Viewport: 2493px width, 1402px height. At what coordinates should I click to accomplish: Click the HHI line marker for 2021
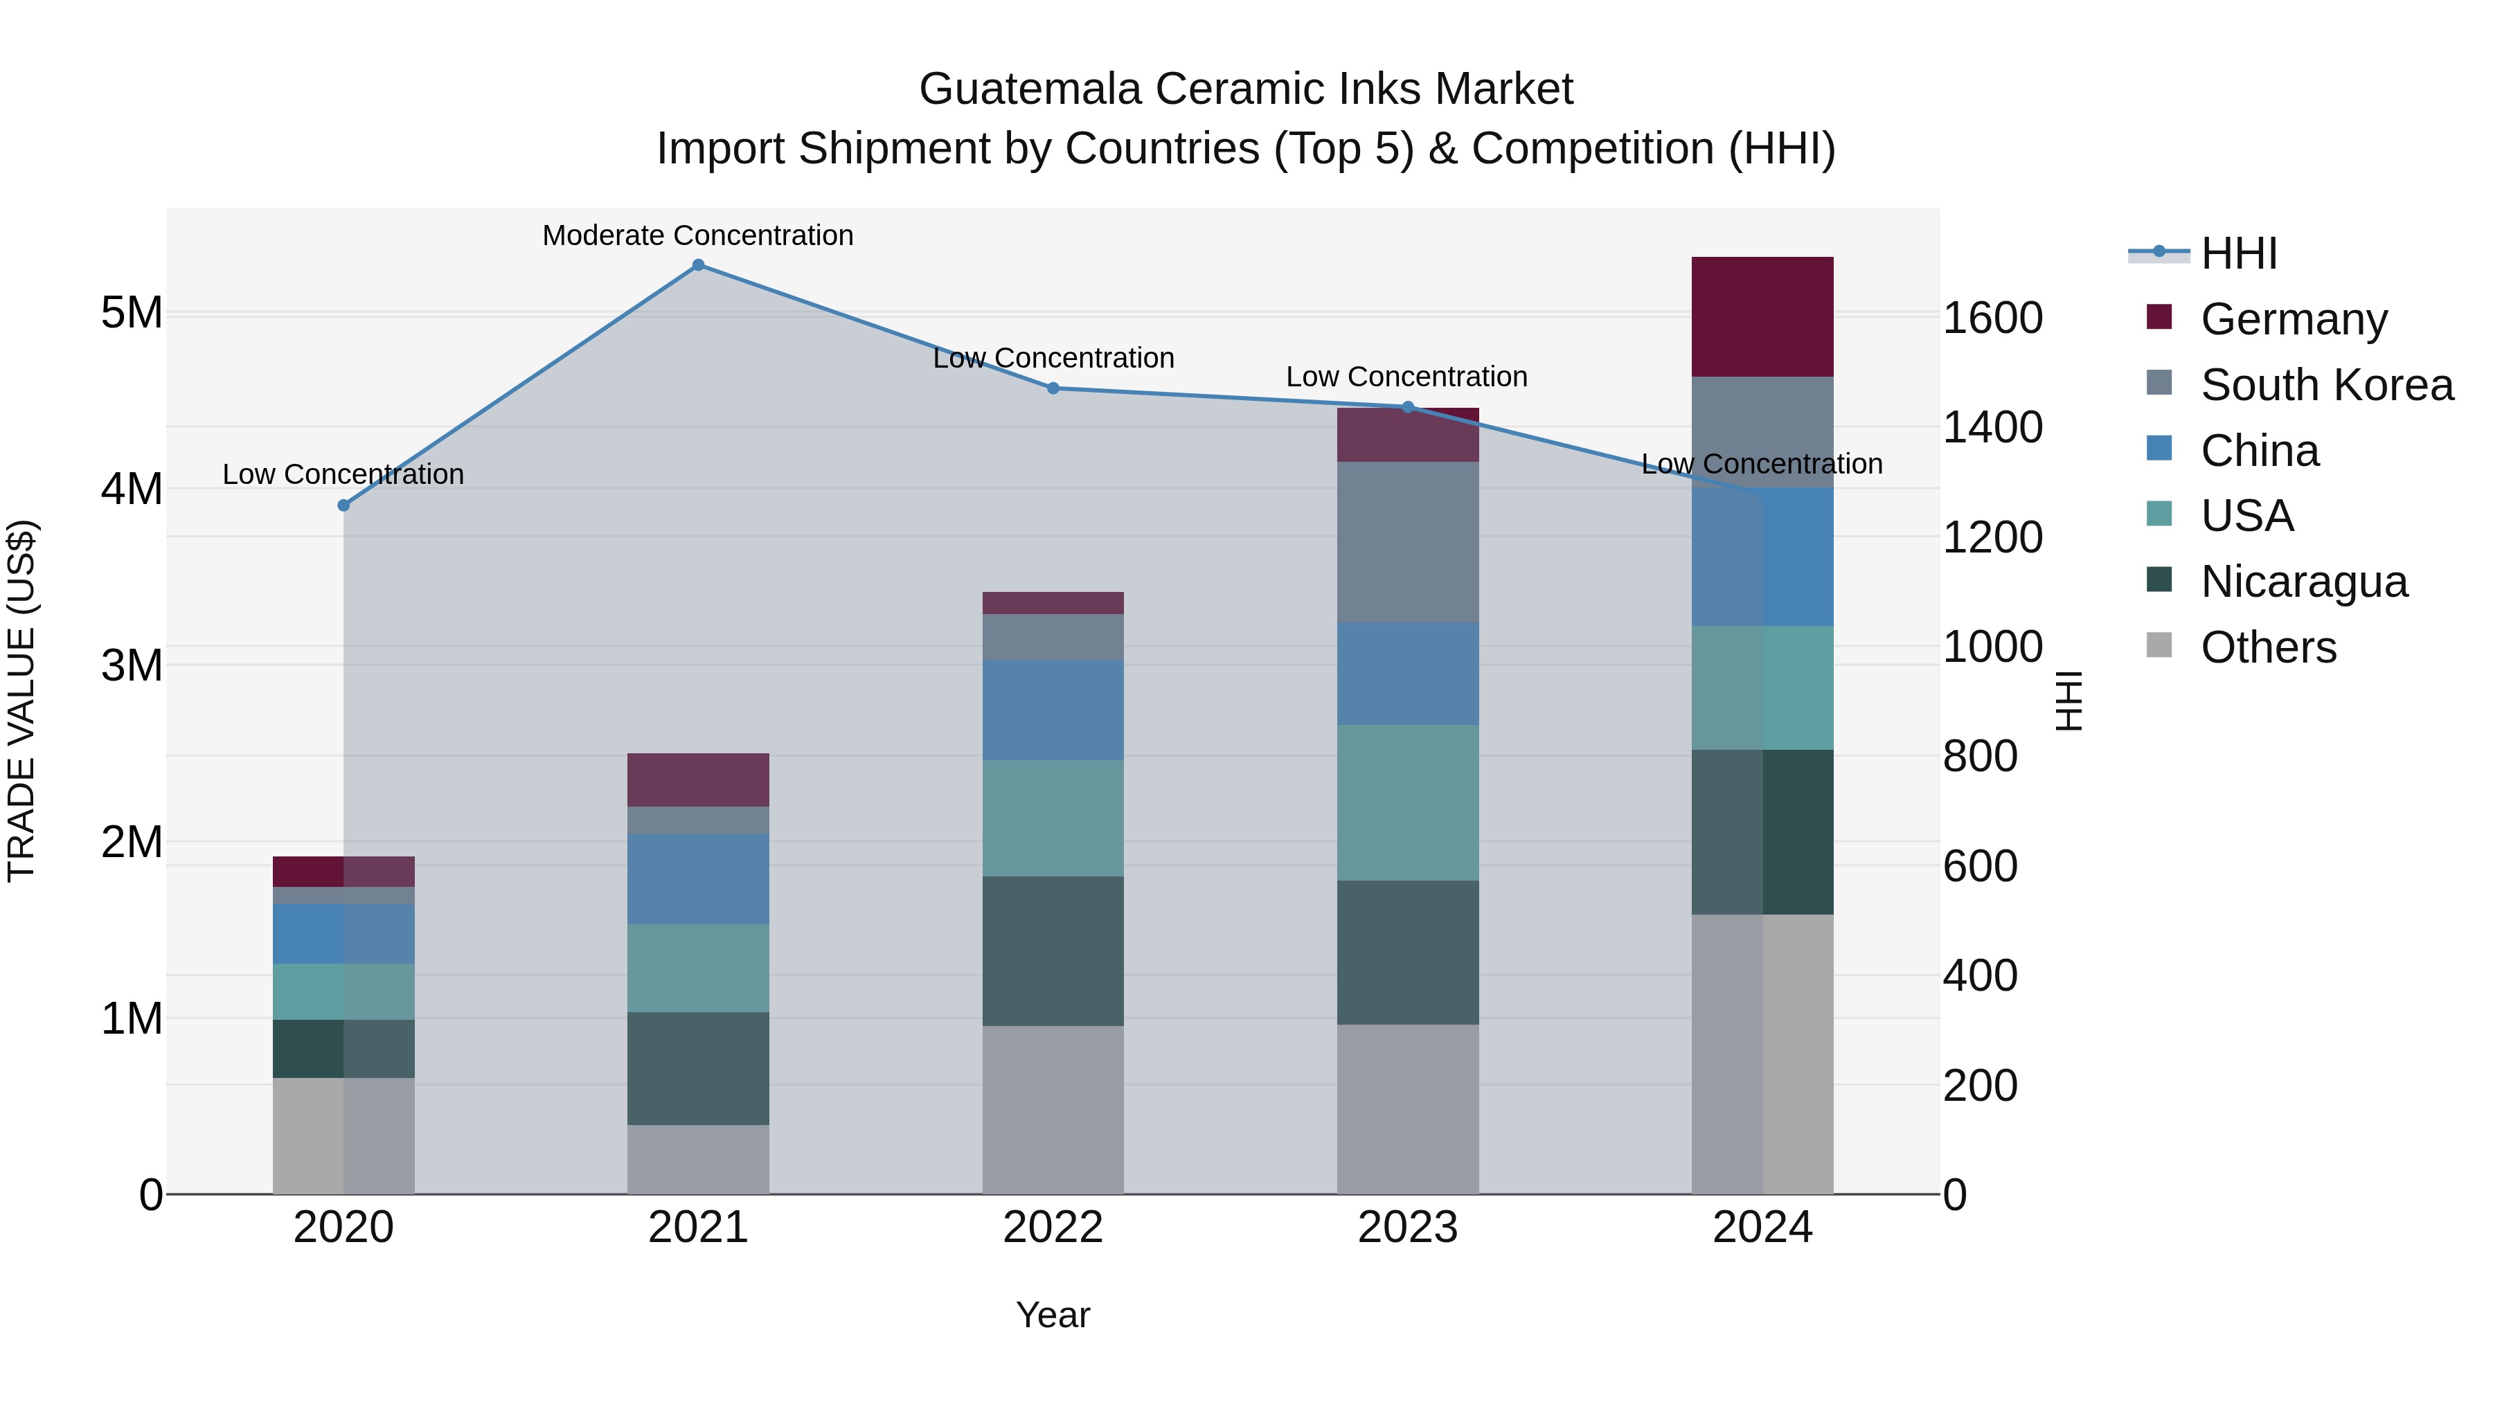coord(698,265)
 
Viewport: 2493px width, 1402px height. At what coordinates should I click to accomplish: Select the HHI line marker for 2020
coord(343,505)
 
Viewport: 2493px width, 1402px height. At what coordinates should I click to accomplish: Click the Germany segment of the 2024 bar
coord(1762,316)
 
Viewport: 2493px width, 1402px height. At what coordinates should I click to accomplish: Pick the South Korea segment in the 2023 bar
coord(1407,542)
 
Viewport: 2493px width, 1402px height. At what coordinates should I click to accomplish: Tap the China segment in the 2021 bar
coord(698,879)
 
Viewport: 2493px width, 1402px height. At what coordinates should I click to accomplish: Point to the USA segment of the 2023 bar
coord(1407,802)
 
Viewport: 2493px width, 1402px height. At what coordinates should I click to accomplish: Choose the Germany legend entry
coord(2294,319)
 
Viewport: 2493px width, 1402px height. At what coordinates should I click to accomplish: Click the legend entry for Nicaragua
coord(2303,582)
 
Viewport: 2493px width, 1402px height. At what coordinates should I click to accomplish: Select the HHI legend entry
coord(2238,253)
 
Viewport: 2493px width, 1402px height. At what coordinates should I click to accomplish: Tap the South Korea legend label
coord(2327,385)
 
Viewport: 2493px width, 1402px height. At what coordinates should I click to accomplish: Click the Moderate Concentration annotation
coord(698,235)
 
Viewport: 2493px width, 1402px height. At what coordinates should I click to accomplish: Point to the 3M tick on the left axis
coord(132,665)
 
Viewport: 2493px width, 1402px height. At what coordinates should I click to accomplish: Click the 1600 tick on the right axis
coord(1992,318)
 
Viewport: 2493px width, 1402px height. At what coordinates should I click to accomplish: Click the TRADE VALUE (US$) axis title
coord(22,701)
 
